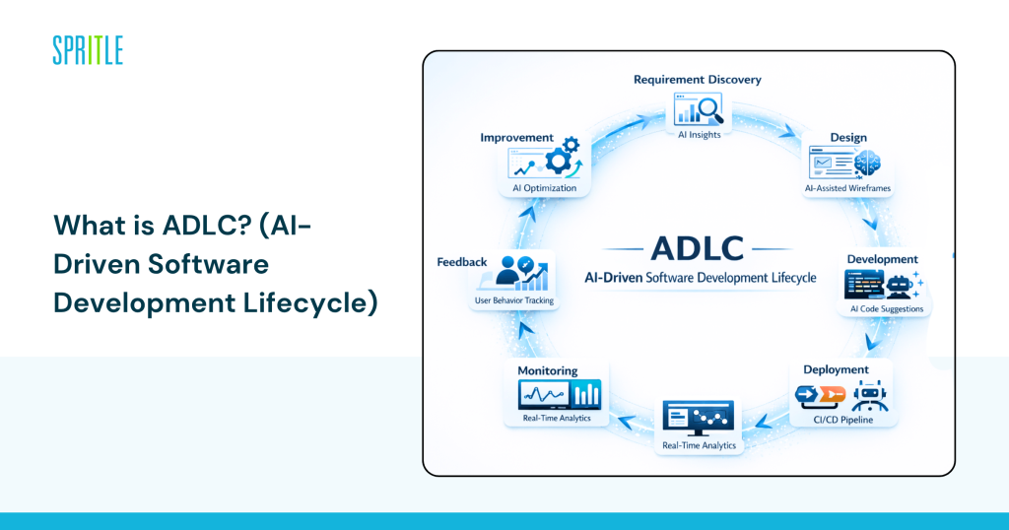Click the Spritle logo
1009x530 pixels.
coord(88,50)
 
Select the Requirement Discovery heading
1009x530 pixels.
coord(697,80)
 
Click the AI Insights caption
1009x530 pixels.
coord(698,134)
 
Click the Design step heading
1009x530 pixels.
coord(847,137)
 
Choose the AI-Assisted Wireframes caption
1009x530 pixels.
coord(847,186)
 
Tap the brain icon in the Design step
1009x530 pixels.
coord(866,162)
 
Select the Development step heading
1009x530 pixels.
coord(882,259)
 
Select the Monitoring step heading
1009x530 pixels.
coord(548,370)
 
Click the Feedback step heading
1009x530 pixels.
coord(462,262)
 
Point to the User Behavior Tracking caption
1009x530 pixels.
coord(513,299)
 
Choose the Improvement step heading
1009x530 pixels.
coord(516,138)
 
